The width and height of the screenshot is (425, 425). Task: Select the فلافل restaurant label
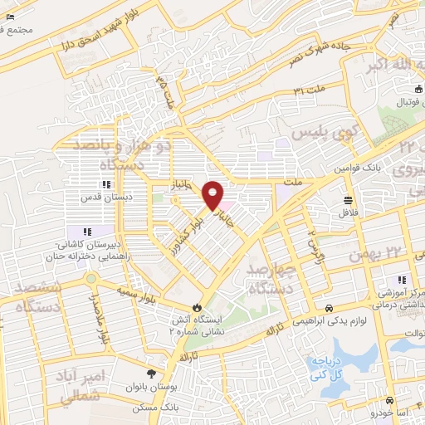coord(348,212)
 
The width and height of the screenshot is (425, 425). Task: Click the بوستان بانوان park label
coord(150,388)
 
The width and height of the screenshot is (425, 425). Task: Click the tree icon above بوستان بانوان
coord(150,373)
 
